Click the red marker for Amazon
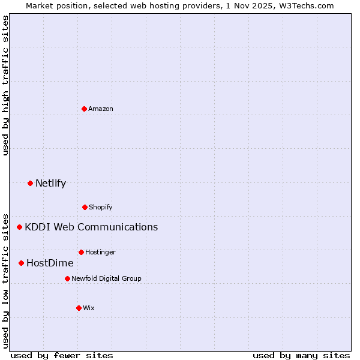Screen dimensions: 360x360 [84, 109]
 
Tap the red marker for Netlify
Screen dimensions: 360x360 [30, 183]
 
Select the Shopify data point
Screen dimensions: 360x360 [85, 207]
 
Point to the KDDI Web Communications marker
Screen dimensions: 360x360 [19, 227]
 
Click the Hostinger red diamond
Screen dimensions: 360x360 [81, 252]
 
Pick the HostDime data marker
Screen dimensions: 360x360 [21, 263]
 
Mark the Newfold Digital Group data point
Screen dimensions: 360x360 [67, 278]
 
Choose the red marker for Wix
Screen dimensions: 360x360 [79, 308]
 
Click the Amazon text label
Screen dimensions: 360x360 [101, 109]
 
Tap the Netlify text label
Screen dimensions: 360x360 [50, 183]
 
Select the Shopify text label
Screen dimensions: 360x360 [101, 207]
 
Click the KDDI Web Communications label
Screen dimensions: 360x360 [91, 227]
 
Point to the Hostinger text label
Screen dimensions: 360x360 [100, 252]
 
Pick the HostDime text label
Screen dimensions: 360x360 [50, 263]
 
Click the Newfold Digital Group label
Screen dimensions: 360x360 [106, 278]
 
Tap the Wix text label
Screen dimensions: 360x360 [89, 308]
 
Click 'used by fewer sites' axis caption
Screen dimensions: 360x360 [62, 355]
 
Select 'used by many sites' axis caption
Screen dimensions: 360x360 [301, 355]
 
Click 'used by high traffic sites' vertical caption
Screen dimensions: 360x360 [5, 85]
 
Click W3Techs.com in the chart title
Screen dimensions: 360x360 [306, 5]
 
